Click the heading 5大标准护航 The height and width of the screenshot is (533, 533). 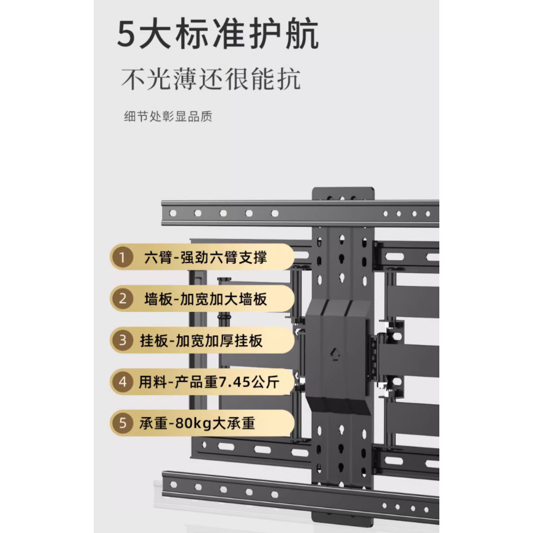(218, 34)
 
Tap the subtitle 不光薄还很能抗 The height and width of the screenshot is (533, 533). (211, 79)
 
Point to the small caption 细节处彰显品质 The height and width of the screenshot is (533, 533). (168, 116)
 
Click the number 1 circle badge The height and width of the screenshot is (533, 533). (123, 258)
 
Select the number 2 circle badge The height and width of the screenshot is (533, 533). (123, 299)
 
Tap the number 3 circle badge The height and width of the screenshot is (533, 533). (123, 340)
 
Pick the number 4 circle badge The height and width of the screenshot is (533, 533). (123, 382)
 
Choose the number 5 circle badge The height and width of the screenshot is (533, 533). (123, 423)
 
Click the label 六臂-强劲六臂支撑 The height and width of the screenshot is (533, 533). (206, 258)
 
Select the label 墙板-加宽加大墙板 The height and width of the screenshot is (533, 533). (206, 299)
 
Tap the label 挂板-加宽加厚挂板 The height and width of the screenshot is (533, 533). (201, 341)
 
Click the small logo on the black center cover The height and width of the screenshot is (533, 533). (335, 354)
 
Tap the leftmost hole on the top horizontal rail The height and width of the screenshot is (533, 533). (173, 213)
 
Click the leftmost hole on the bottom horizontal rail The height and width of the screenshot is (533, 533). (174, 485)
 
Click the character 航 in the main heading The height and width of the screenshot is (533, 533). (302, 34)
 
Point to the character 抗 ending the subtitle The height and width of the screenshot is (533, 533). (288, 79)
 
